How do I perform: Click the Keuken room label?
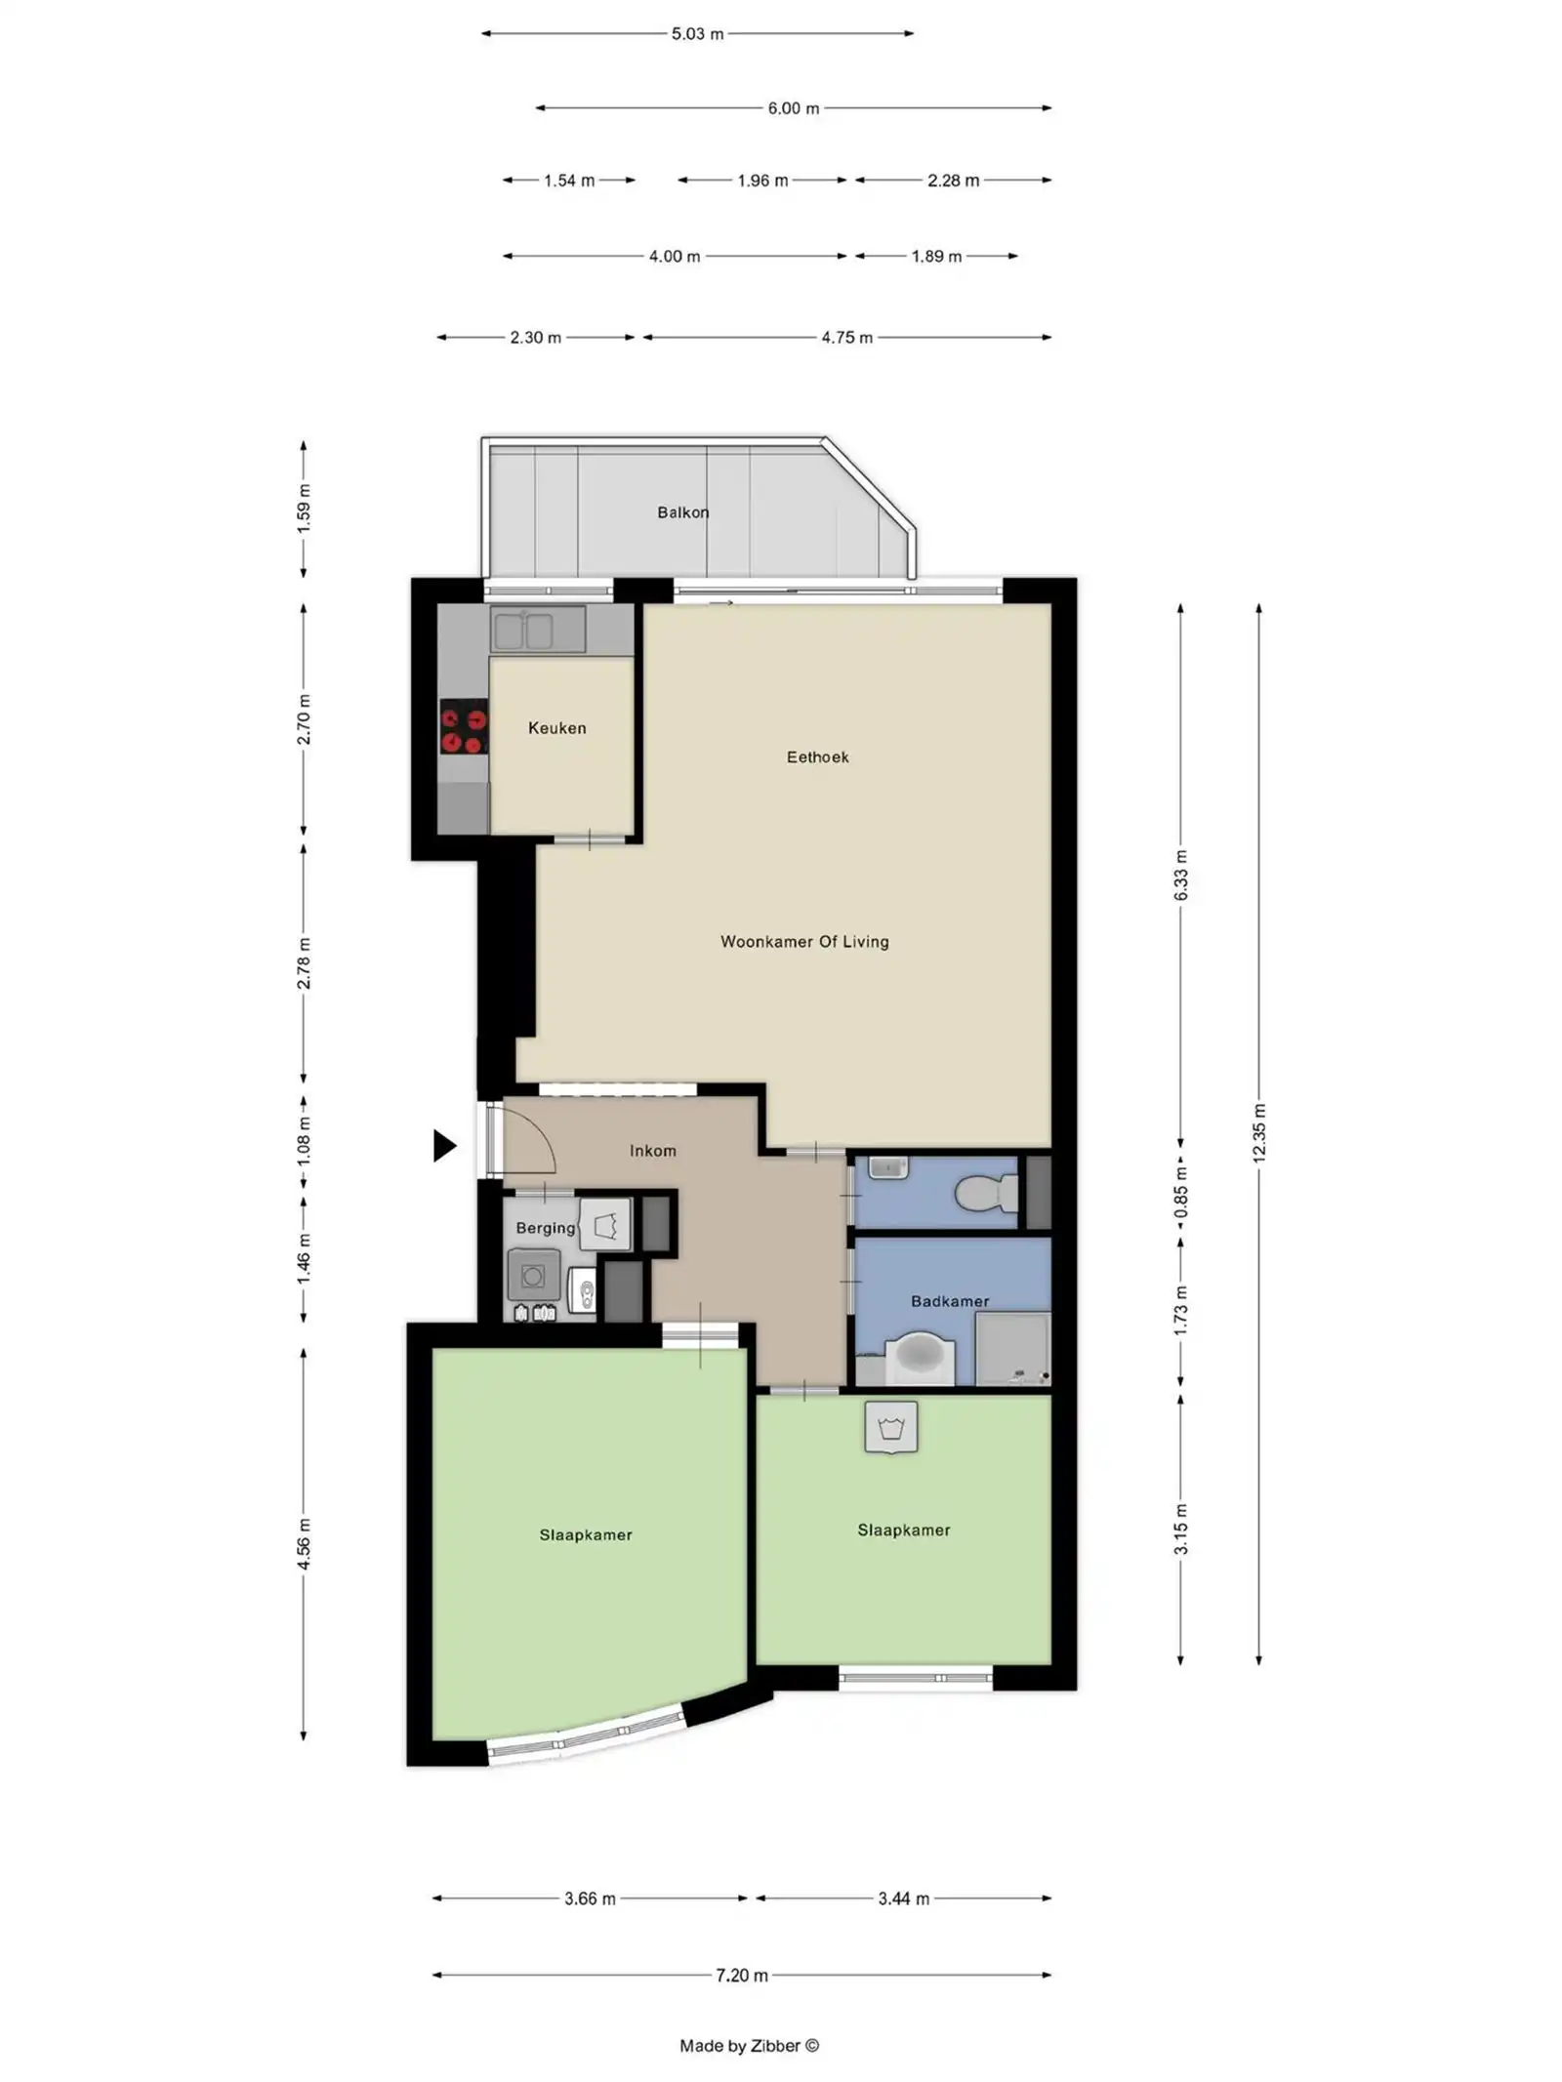point(556,727)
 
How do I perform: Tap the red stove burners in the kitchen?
point(464,726)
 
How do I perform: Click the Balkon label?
point(682,511)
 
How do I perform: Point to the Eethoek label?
point(817,756)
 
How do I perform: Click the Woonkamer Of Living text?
point(803,941)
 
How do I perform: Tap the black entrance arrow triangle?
point(444,1145)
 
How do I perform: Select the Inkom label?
point(652,1151)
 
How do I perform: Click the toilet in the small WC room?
point(986,1192)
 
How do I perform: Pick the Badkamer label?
point(949,1301)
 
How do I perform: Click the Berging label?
point(545,1228)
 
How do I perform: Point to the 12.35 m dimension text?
point(1258,1132)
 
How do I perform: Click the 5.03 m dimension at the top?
point(697,34)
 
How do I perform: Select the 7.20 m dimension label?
point(741,1976)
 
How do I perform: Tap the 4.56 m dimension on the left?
point(304,1546)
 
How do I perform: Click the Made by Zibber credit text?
point(749,2046)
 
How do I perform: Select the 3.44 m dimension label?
point(903,1898)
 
